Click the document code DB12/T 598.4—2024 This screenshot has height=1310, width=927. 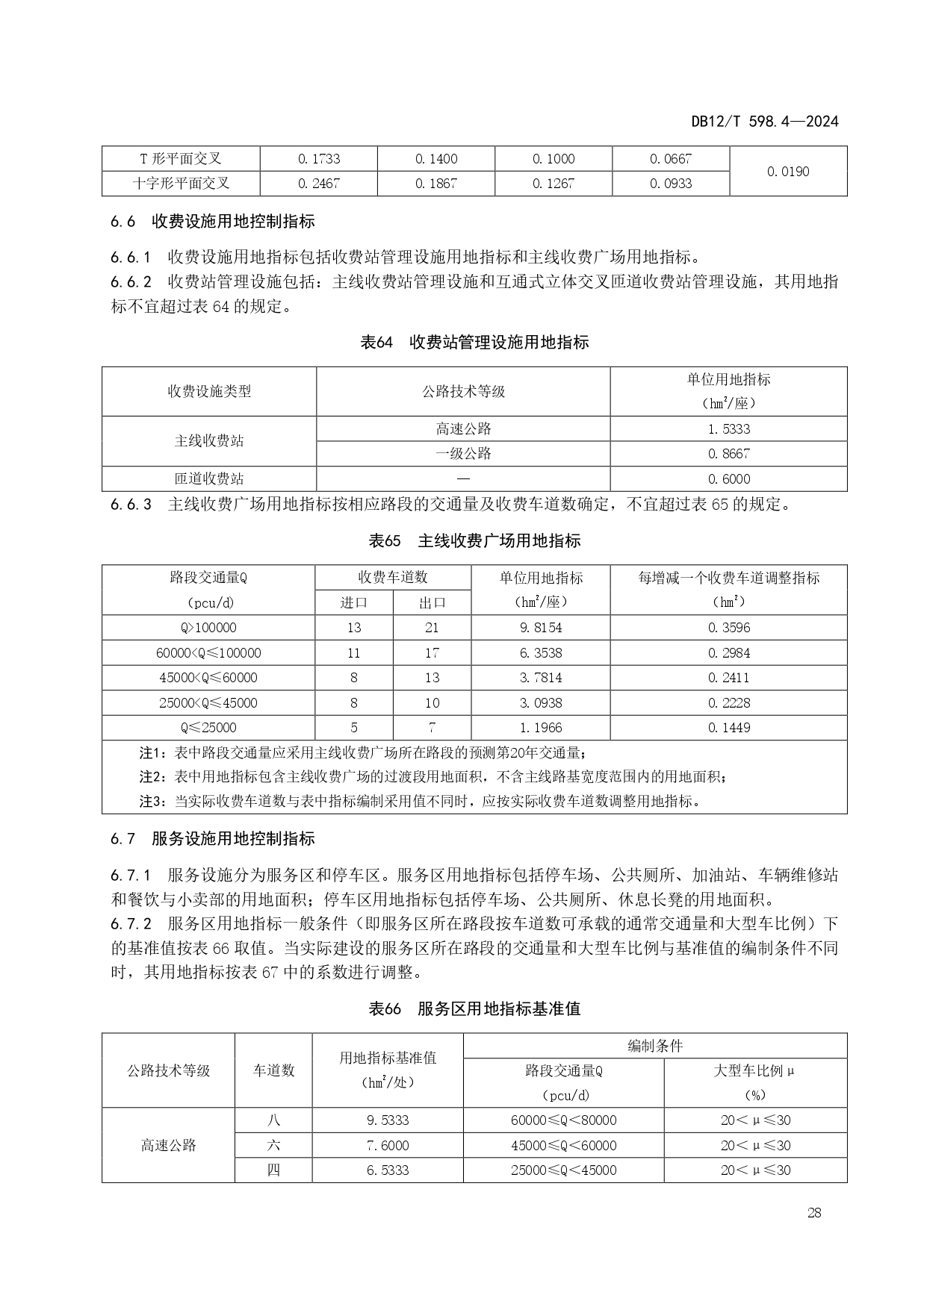click(x=764, y=122)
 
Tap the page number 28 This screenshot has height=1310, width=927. click(x=814, y=1212)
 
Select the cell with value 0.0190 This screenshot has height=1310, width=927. click(x=788, y=172)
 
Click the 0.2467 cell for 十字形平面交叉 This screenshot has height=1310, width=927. click(x=319, y=184)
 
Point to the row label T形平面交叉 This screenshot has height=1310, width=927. click(x=181, y=159)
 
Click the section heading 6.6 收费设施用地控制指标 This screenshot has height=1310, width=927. click(x=213, y=221)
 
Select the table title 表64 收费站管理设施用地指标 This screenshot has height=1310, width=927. click(x=474, y=343)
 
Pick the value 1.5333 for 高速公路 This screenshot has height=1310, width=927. click(x=728, y=429)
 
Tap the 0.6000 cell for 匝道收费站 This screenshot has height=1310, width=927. click(x=728, y=479)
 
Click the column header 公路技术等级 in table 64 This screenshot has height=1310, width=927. click(x=463, y=391)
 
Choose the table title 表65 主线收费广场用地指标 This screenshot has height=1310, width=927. click(x=474, y=541)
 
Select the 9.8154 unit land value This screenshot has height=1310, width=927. click(x=541, y=628)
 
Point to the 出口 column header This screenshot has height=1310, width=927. click(x=432, y=603)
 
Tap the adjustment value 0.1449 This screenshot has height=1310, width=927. click(x=728, y=728)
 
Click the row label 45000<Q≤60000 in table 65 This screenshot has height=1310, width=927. click(x=208, y=678)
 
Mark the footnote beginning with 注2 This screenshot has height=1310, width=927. click(x=433, y=777)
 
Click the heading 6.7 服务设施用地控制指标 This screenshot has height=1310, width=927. click(x=213, y=838)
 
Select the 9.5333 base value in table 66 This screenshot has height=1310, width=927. click(x=388, y=1120)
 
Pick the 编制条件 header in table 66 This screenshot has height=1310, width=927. click(x=655, y=1046)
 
